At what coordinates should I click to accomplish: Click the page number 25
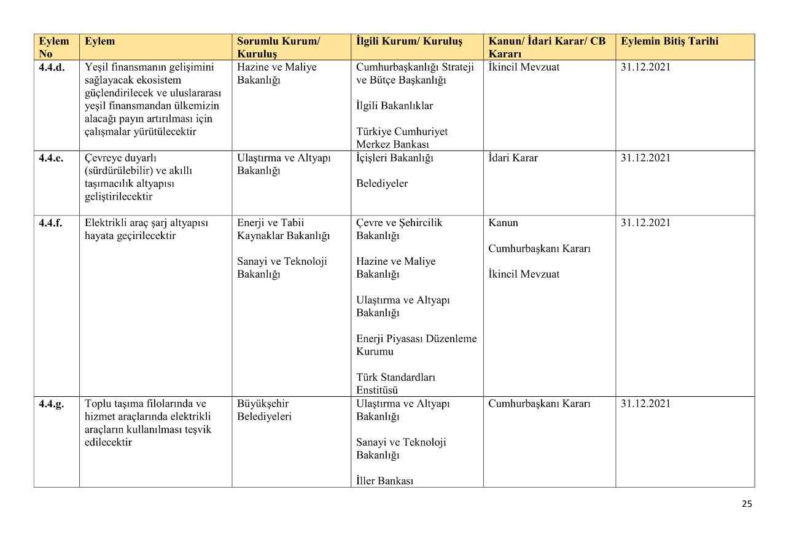747,504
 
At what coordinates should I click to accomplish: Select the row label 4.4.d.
52,68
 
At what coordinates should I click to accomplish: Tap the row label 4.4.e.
51,158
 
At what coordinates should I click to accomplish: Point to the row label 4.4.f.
50,223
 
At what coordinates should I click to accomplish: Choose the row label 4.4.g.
51,404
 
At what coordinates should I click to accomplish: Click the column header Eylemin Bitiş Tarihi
669,41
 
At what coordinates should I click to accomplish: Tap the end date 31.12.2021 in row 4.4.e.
645,158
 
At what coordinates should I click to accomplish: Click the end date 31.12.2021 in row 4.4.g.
645,404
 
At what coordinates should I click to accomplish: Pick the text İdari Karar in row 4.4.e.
513,158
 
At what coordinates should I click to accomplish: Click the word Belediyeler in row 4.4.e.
382,184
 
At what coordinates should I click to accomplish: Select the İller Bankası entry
384,481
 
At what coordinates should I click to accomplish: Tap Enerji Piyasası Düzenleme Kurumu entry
416,345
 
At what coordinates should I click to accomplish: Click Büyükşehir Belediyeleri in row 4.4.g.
264,410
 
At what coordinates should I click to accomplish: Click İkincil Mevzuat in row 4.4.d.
524,68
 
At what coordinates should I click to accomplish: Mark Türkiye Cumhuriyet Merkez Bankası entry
402,138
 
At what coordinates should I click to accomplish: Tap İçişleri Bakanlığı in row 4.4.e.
395,158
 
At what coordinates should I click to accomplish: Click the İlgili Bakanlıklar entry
394,106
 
